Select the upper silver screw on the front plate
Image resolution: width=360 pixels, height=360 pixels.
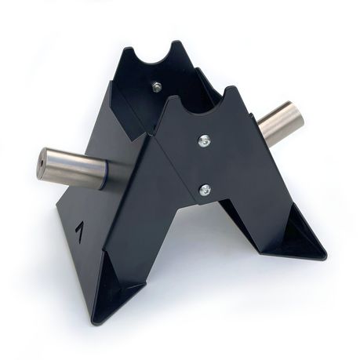click(204, 141)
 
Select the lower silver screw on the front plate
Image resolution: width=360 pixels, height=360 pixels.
click(204, 189)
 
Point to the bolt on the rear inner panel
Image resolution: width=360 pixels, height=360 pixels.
click(157, 88)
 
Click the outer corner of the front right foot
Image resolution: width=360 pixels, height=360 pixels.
click(325, 256)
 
